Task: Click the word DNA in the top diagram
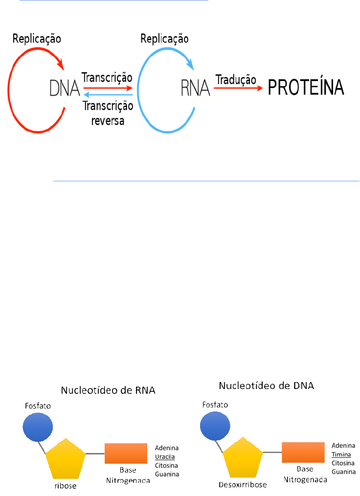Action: pos(65,88)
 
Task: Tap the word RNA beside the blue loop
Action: pos(195,88)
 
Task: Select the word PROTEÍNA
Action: pos(306,88)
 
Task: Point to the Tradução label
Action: pos(236,78)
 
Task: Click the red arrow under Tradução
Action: pos(237,88)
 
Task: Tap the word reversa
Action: pos(108,120)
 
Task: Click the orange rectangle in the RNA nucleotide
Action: pos(126,453)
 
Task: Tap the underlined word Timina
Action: pos(342,454)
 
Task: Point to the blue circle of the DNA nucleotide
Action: pos(214,425)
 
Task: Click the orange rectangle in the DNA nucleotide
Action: pos(303,452)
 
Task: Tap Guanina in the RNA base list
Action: pos(167,474)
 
